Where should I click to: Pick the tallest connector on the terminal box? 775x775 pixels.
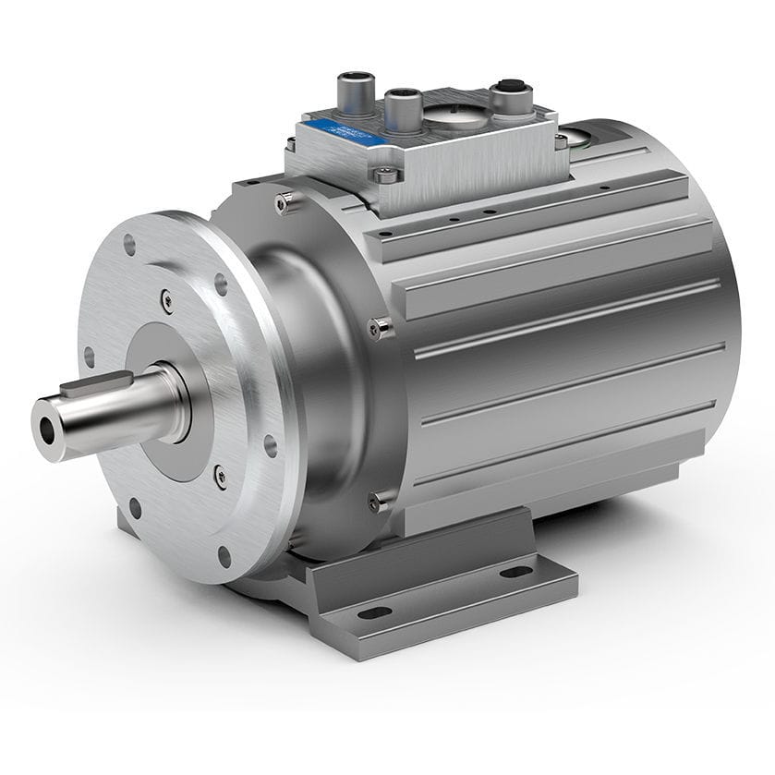click(x=355, y=91)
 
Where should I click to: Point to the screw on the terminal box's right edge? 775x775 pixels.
click(x=560, y=140)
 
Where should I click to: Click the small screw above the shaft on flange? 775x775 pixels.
click(x=166, y=298)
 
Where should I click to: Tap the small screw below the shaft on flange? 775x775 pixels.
click(x=219, y=477)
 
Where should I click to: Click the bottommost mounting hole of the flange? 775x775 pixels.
click(x=224, y=556)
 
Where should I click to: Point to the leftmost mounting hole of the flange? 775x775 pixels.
click(x=89, y=356)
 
